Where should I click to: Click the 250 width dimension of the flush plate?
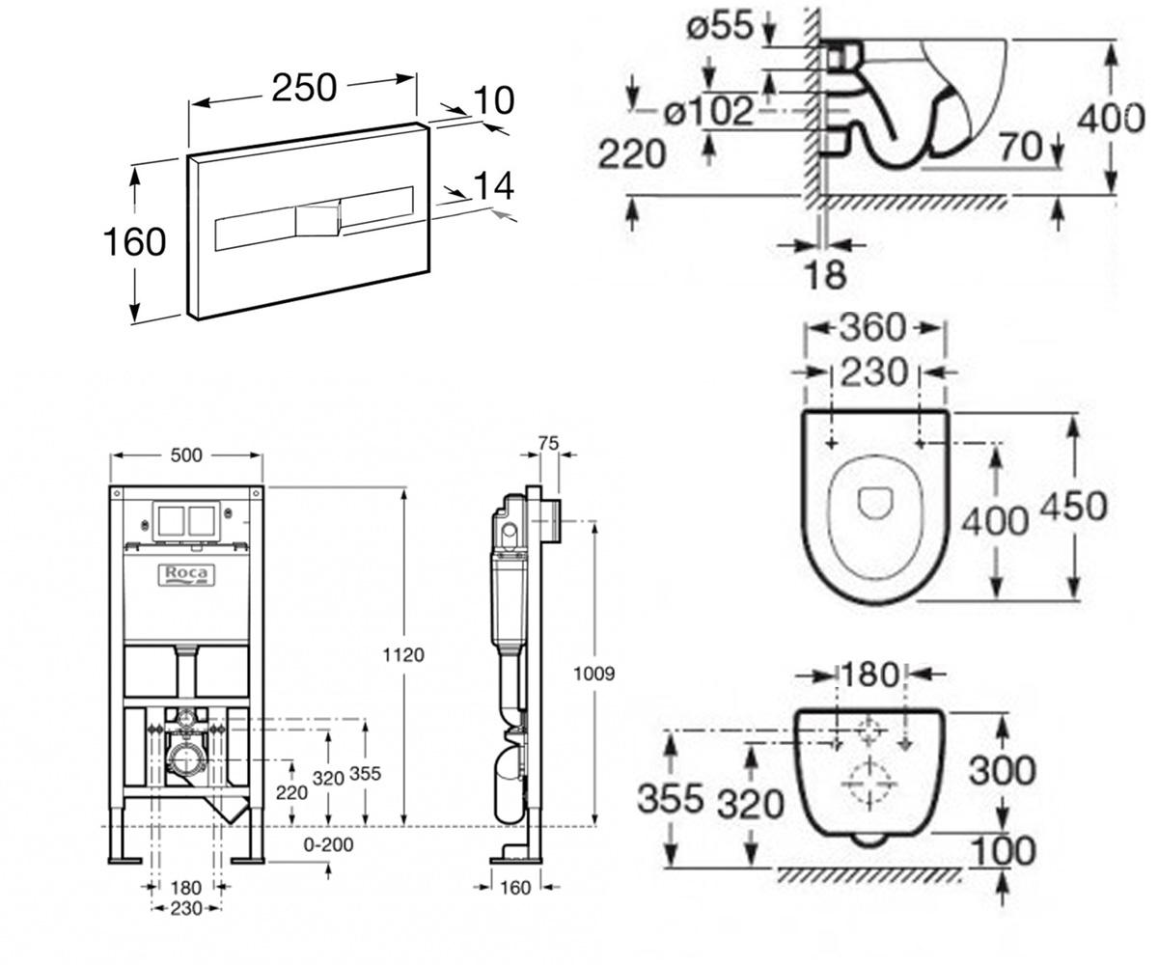click(x=304, y=88)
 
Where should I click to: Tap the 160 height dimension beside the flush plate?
click(x=135, y=242)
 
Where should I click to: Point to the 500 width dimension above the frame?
click(x=186, y=455)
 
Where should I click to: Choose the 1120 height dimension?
click(x=403, y=655)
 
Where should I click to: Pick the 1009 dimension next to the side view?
click(x=594, y=674)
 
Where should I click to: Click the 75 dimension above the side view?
click(x=548, y=443)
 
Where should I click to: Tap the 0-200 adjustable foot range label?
click(x=328, y=844)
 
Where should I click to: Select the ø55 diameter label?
click(x=720, y=26)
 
